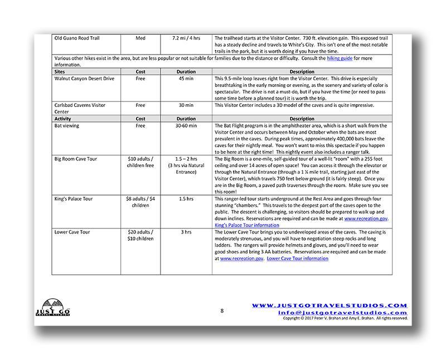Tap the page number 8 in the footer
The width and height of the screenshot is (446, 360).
[x=221, y=310]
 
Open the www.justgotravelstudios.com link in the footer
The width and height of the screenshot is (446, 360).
[x=329, y=305]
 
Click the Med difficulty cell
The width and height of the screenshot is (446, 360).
[x=140, y=38]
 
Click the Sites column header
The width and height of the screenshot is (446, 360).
[x=60, y=72]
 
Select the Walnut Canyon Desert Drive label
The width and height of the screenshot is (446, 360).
[x=84, y=79]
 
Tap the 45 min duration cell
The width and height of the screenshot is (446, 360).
[x=186, y=79]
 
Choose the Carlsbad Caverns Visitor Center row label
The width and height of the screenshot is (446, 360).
[x=80, y=108]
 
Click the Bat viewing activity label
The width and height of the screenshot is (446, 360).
[x=67, y=126]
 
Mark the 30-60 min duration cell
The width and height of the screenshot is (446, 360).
[x=186, y=126]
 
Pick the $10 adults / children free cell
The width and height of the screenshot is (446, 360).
[x=140, y=162]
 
